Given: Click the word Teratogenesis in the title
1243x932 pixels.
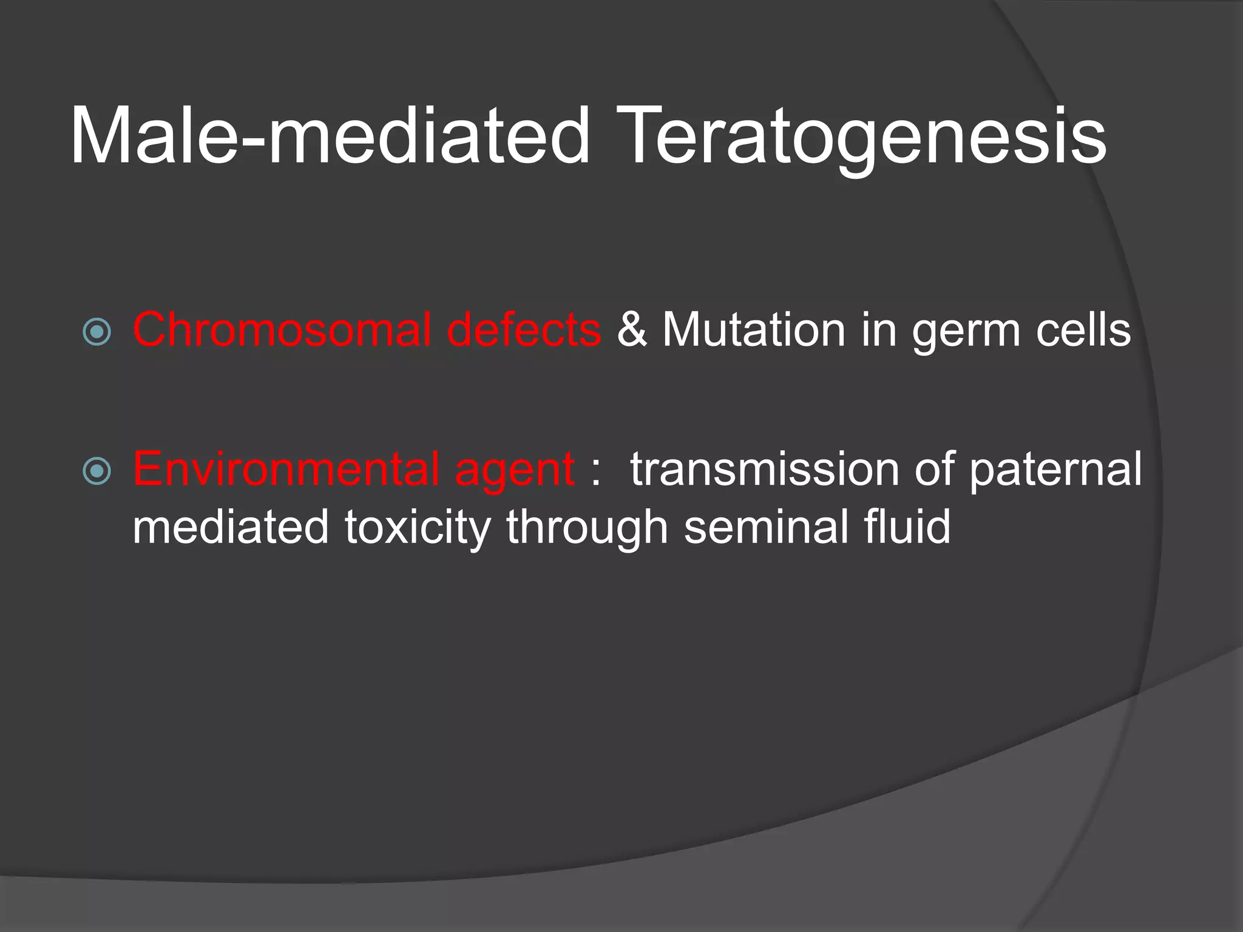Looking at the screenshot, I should point(861,137).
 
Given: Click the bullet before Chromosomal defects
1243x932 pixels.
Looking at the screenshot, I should point(97,332).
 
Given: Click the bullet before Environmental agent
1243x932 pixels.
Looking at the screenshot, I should point(97,471).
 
